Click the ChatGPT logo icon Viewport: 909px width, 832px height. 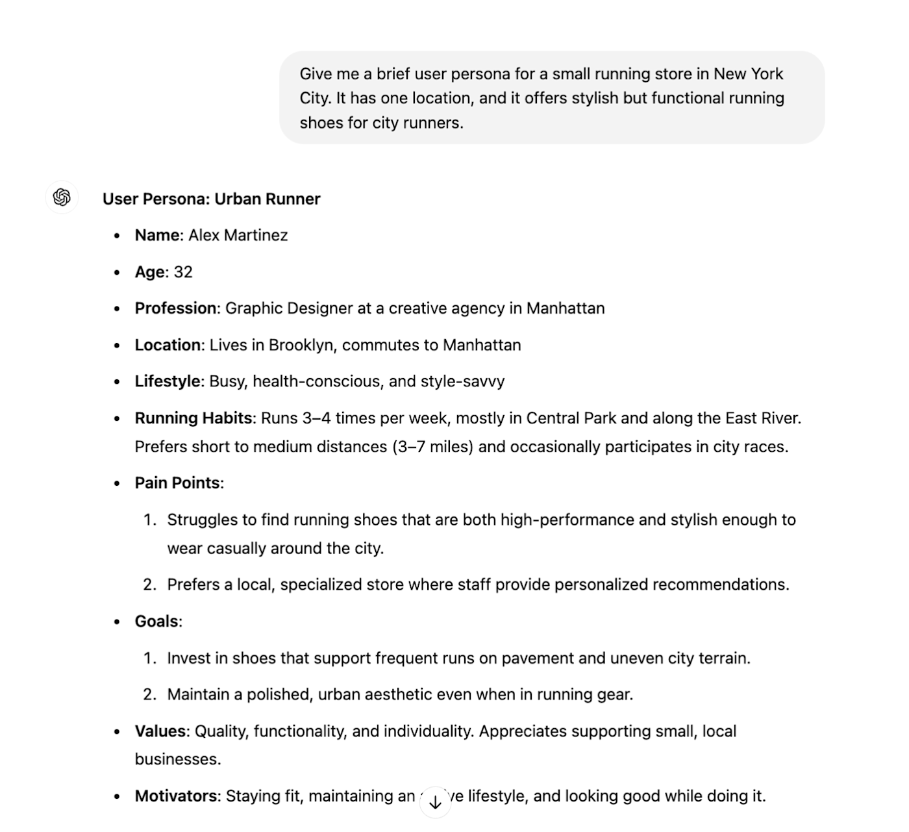62,197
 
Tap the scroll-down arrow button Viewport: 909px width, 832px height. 435,803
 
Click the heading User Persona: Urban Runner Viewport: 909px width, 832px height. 211,199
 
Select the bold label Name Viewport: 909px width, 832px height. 157,235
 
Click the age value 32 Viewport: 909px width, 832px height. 183,271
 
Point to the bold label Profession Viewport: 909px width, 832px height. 176,308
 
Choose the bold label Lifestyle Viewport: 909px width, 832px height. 168,381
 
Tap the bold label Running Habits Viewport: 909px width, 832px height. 193,418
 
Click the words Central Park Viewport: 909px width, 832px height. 571,418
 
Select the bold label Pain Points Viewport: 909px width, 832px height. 177,483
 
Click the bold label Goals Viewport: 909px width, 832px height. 156,621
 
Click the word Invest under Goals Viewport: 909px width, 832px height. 188,658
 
